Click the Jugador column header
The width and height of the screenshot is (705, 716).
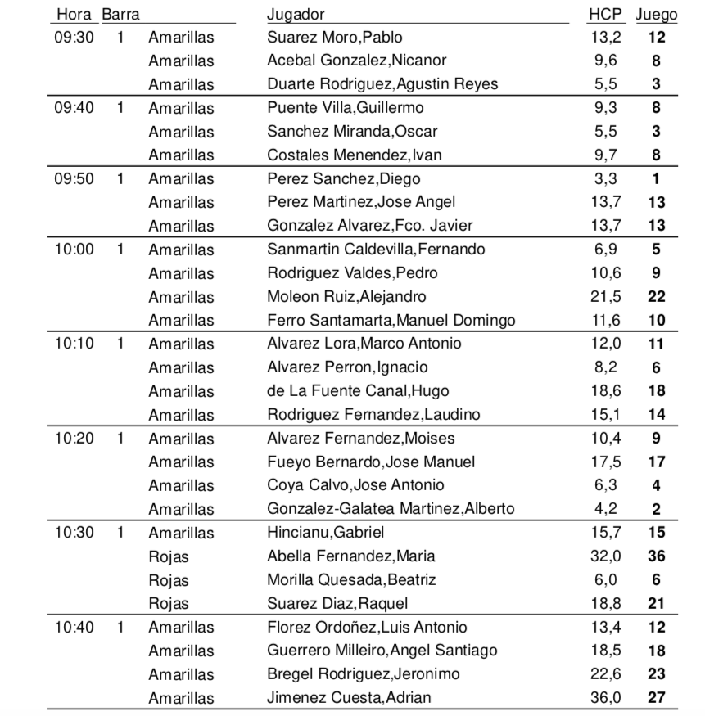(x=296, y=15)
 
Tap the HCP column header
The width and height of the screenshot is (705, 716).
(x=605, y=15)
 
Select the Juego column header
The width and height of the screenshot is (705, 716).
(x=657, y=15)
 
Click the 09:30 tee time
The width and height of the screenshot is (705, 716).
(x=74, y=37)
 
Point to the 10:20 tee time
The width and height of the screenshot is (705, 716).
(x=74, y=438)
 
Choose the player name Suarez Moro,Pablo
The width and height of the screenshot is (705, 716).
(x=335, y=37)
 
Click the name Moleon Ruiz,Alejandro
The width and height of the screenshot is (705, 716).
(x=346, y=296)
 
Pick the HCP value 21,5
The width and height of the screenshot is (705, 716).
(x=606, y=296)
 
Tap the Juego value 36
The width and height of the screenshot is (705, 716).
(x=656, y=556)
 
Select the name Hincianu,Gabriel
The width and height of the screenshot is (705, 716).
(x=326, y=533)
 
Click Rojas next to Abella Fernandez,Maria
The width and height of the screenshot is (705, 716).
(x=169, y=556)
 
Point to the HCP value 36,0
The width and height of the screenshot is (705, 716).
(x=606, y=698)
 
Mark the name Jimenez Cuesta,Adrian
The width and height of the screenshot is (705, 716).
(x=349, y=698)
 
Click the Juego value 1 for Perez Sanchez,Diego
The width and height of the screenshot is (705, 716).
(x=657, y=178)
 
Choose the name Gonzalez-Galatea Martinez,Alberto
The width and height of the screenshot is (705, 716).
(x=391, y=509)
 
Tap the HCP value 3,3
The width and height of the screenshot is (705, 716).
(x=606, y=178)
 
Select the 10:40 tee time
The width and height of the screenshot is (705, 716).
(x=74, y=628)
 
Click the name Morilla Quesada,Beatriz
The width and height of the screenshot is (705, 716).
(x=351, y=580)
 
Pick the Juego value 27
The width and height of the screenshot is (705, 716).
(x=656, y=698)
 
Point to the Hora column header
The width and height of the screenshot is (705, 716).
(x=74, y=15)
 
